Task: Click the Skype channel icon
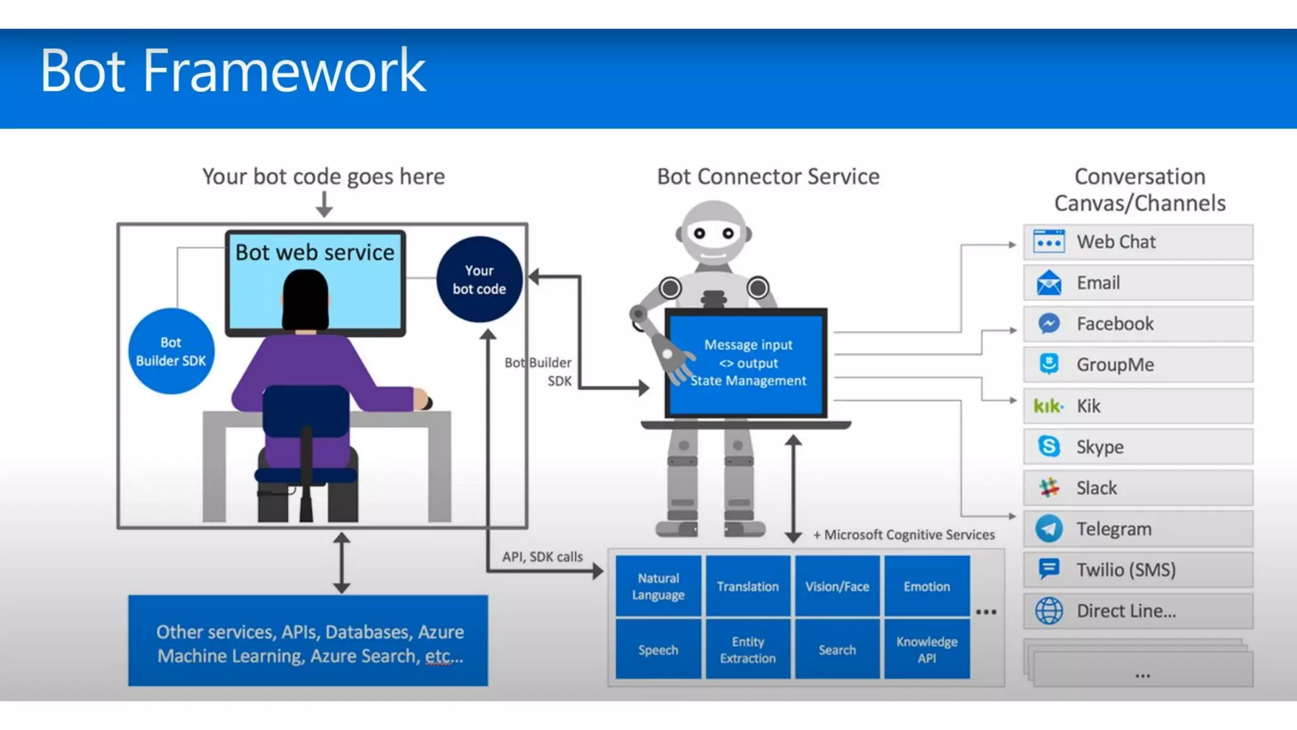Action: coord(1049,447)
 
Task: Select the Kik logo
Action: coord(1048,406)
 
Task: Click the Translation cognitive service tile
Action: coord(748,586)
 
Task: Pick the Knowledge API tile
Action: coord(927,650)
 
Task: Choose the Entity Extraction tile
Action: coord(748,650)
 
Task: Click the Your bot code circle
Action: coord(479,279)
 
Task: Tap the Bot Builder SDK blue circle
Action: coord(171,352)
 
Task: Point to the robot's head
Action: coord(714,233)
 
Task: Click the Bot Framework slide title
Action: coord(232,71)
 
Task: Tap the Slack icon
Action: coord(1049,488)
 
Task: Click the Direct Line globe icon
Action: coord(1049,611)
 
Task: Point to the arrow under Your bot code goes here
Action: coord(324,205)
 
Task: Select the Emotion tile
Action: coord(927,586)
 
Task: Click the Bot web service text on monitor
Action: coord(315,252)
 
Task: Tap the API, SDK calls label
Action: coord(542,556)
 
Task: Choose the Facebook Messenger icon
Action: coord(1049,324)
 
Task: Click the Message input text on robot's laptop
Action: coord(748,345)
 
